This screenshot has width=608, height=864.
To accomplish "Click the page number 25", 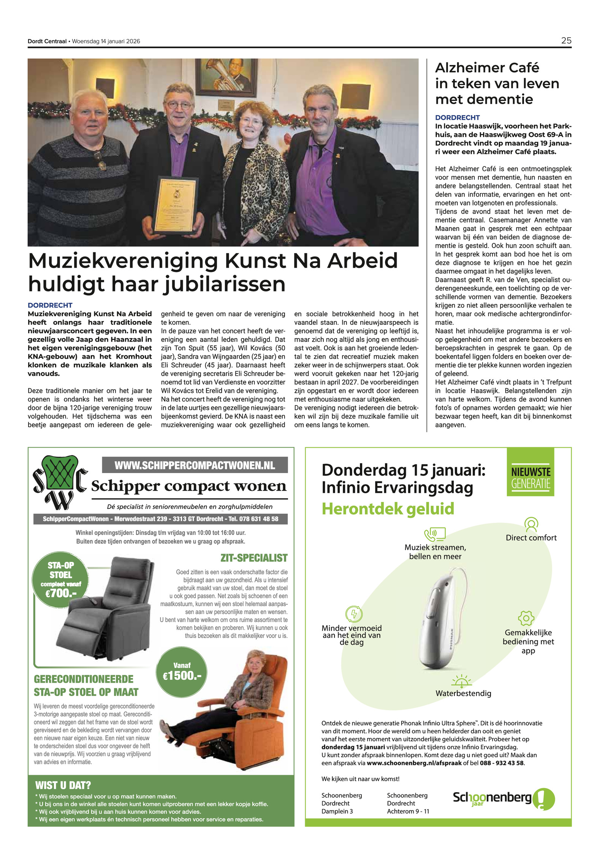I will coord(566,41).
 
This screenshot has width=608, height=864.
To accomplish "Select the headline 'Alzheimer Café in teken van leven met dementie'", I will coord(497,84).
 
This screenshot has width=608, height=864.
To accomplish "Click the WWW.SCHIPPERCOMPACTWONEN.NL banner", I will coord(195,465).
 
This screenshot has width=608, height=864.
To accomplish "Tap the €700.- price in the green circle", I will coord(60,593).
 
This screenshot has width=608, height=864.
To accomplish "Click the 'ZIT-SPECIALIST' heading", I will coord(254,558).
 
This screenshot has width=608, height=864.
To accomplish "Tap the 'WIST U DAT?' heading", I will coord(63,785).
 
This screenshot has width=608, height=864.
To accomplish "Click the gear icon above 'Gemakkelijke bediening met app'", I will coord(526,618).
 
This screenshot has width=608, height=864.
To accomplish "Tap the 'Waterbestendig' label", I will coord(463,693).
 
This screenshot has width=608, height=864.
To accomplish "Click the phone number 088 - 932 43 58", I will coord(502,763).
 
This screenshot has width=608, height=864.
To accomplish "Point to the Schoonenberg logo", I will coord(503,798).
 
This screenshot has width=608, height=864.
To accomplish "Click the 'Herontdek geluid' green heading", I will coord(388,509).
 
